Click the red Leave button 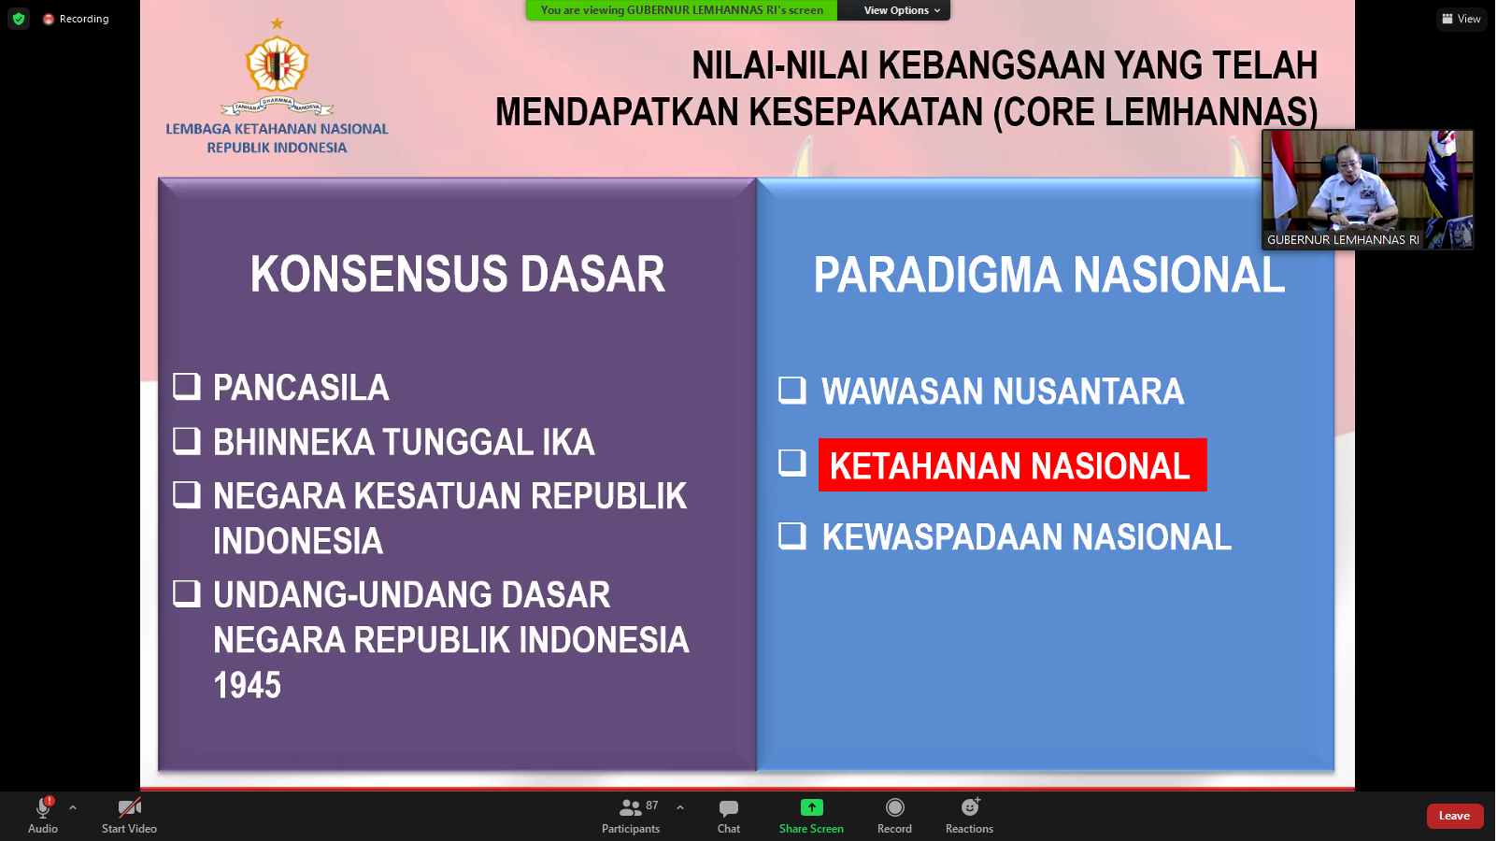pyautogui.click(x=1454, y=816)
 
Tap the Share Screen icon pyautogui.click(x=811, y=807)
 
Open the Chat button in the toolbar pyautogui.click(x=729, y=808)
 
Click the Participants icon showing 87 pyautogui.click(x=630, y=808)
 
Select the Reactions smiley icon pyautogui.click(x=970, y=807)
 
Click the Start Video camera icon pyautogui.click(x=130, y=807)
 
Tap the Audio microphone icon pyautogui.click(x=43, y=807)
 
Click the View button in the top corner pyautogui.click(x=1461, y=19)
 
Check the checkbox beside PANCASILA pyautogui.click(x=187, y=387)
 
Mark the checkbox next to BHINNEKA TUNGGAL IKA pyautogui.click(x=187, y=441)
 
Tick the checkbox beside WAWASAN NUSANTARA pyautogui.click(x=792, y=391)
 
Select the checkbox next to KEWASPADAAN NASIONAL pyautogui.click(x=792, y=536)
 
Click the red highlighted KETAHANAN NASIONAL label pyautogui.click(x=1012, y=465)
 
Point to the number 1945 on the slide pyautogui.click(x=248, y=685)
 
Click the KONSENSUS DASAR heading pyautogui.click(x=458, y=274)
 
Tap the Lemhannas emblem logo pyautogui.click(x=277, y=66)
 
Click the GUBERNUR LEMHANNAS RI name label pyautogui.click(x=1343, y=239)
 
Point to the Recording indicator pyautogui.click(x=77, y=19)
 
